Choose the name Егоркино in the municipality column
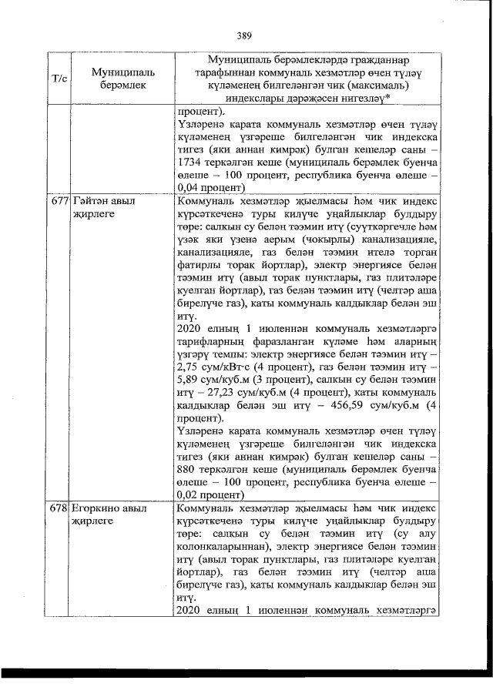[96, 509]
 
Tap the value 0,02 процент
[210, 496]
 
